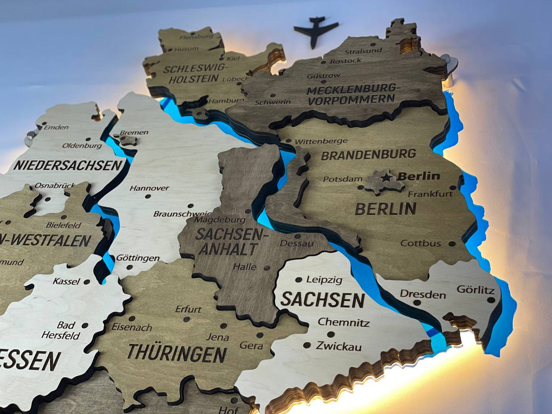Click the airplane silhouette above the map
click(x=316, y=31)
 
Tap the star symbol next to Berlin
click(x=387, y=177)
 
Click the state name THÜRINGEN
click(x=176, y=354)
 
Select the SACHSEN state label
click(x=322, y=299)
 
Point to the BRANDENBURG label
click(x=368, y=155)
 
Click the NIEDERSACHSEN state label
click(x=69, y=165)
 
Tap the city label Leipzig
click(x=324, y=280)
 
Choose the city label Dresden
click(x=423, y=295)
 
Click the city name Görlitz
click(x=475, y=289)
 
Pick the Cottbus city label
click(x=420, y=244)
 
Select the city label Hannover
click(x=149, y=188)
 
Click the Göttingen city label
click(x=137, y=258)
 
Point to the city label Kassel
click(x=66, y=281)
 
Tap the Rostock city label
click(x=346, y=61)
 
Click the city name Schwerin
click(x=273, y=102)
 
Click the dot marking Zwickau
click(x=307, y=345)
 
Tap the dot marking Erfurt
click(x=187, y=319)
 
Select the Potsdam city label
click(x=342, y=179)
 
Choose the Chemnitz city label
click(x=343, y=322)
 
